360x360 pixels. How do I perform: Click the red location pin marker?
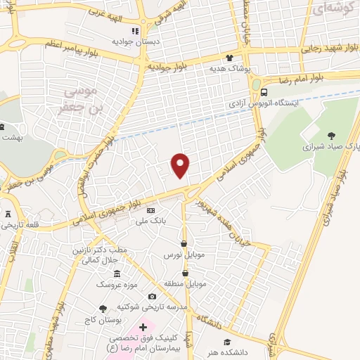tap(181, 165)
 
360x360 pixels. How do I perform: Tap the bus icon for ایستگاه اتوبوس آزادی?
tap(264, 92)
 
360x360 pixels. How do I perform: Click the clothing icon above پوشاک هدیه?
tap(229, 58)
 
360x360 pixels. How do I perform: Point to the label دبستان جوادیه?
tap(134, 41)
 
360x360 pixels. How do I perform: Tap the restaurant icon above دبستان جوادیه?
tap(135, 31)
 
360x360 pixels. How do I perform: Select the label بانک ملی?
tap(150, 221)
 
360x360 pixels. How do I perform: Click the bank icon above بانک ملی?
tap(150, 210)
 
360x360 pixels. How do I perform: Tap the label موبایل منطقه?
tap(186, 284)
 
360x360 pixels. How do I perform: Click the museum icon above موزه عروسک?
tap(116, 274)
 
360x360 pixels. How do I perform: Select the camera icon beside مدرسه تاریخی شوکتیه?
tap(153, 297)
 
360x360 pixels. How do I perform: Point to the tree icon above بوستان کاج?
tap(103, 308)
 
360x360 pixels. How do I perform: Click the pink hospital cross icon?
tap(143, 327)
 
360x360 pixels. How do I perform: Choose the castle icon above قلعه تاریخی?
tap(8, 214)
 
